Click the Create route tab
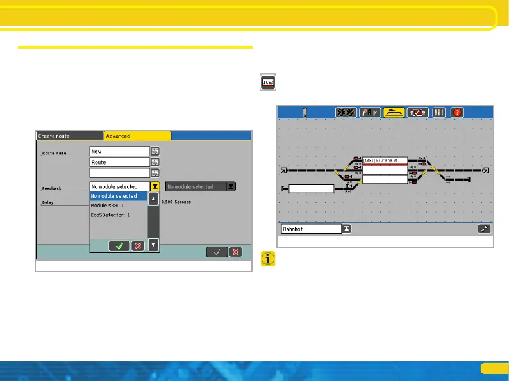pyautogui.click(x=69, y=136)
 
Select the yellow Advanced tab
pyautogui.click(x=137, y=136)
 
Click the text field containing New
pyautogui.click(x=119, y=152)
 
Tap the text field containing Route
pyautogui.click(x=119, y=163)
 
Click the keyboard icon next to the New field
pyautogui.click(x=154, y=152)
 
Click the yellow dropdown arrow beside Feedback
pyautogui.click(x=154, y=186)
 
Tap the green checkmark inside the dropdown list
pyautogui.click(x=119, y=246)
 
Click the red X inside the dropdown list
pyautogui.click(x=137, y=246)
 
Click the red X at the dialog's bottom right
pyautogui.click(x=236, y=252)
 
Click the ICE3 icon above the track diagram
pyautogui.click(x=268, y=83)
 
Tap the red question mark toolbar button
pyautogui.click(x=457, y=113)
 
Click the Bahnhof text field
pyautogui.click(x=312, y=229)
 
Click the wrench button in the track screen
pyautogui.click(x=484, y=229)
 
